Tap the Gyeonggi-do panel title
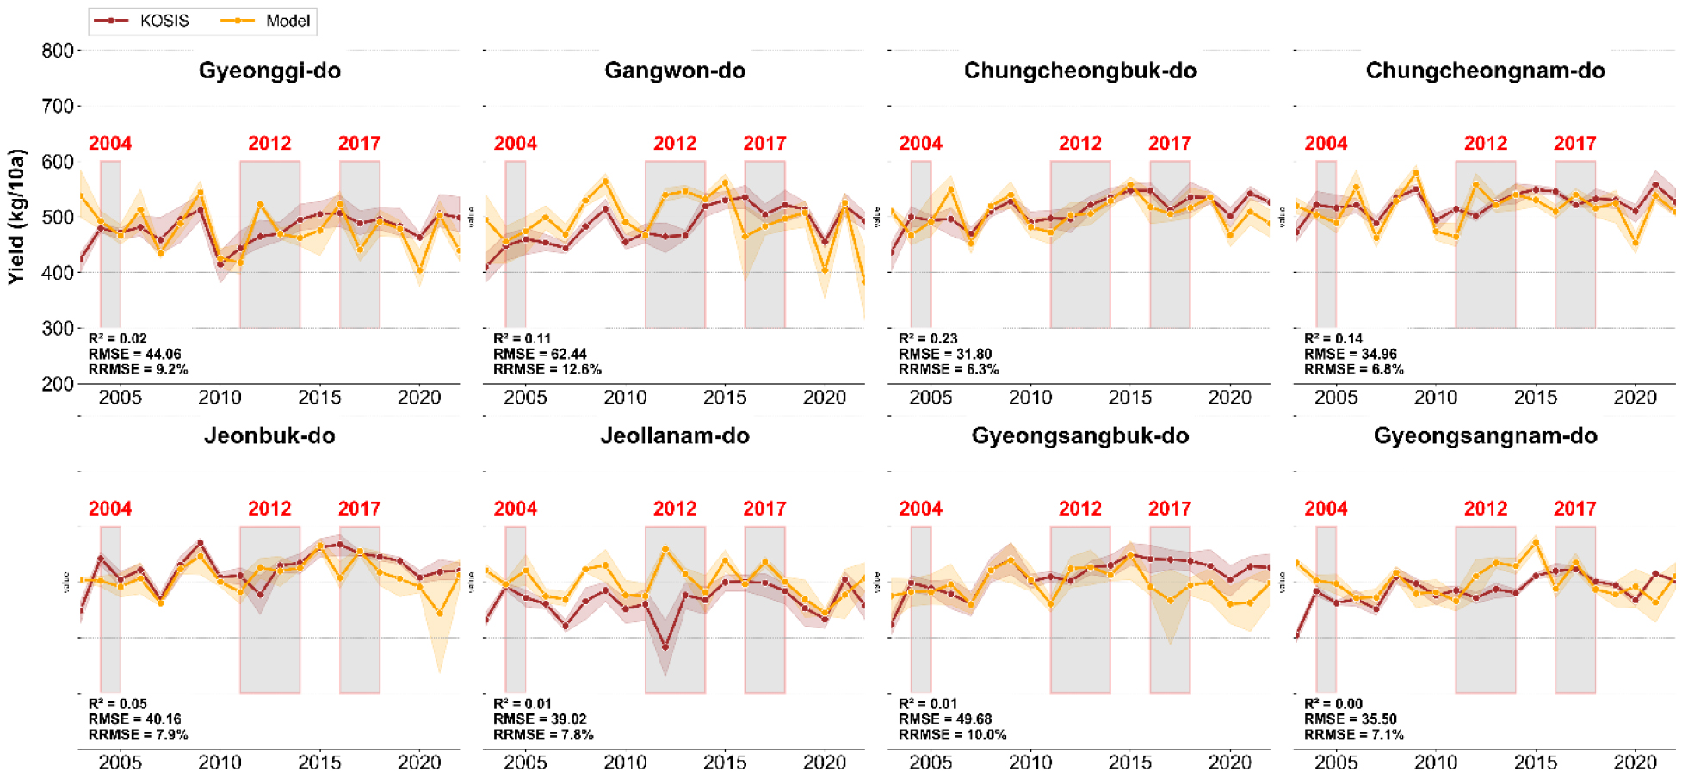click(x=269, y=71)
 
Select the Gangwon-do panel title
click(x=675, y=71)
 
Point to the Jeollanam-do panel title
click(x=675, y=436)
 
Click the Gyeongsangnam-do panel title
click(x=1485, y=436)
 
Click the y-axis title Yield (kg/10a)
click(x=17, y=217)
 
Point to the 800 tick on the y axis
click(x=57, y=51)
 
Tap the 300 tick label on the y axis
click(x=57, y=329)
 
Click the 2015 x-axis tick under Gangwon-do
click(x=725, y=398)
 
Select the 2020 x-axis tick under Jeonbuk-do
click(x=419, y=763)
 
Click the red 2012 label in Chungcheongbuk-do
click(x=1079, y=144)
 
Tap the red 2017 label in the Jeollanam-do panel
click(x=764, y=509)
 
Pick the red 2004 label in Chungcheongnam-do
click(x=1326, y=144)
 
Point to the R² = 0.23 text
click(x=928, y=339)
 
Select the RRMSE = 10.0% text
click(x=952, y=735)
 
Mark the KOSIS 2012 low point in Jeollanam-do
click(x=665, y=647)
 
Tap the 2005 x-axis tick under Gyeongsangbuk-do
click(x=931, y=763)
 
